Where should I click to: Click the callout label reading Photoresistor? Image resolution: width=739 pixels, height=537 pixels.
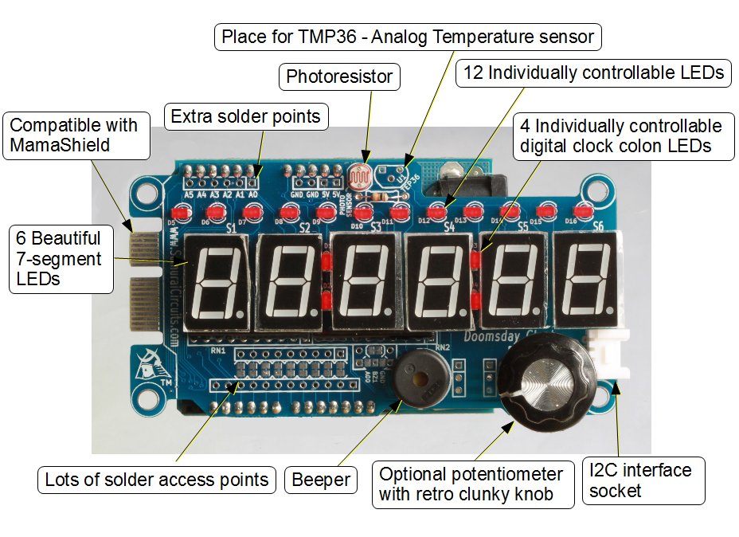340,77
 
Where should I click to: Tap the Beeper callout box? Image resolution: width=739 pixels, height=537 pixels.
321,480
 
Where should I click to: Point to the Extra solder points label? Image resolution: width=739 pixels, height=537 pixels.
245,117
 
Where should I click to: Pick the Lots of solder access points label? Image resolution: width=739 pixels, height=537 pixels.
156,480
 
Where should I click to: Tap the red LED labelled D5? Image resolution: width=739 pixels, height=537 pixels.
179,214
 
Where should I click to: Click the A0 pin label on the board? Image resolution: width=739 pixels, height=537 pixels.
254,194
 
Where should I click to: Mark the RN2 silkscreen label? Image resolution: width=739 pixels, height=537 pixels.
444,347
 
